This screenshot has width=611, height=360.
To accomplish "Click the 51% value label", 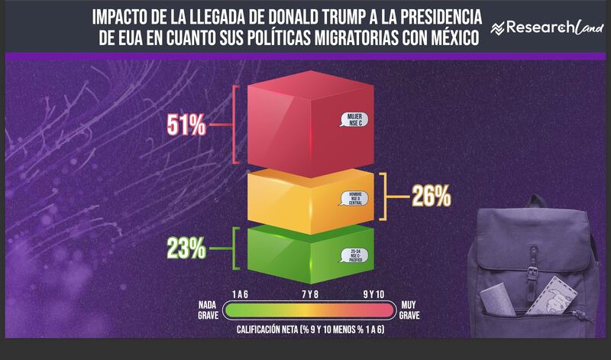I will pos(188,125).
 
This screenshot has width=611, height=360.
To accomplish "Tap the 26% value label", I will pos(432,196).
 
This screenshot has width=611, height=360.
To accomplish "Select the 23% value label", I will pos(187,248).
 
